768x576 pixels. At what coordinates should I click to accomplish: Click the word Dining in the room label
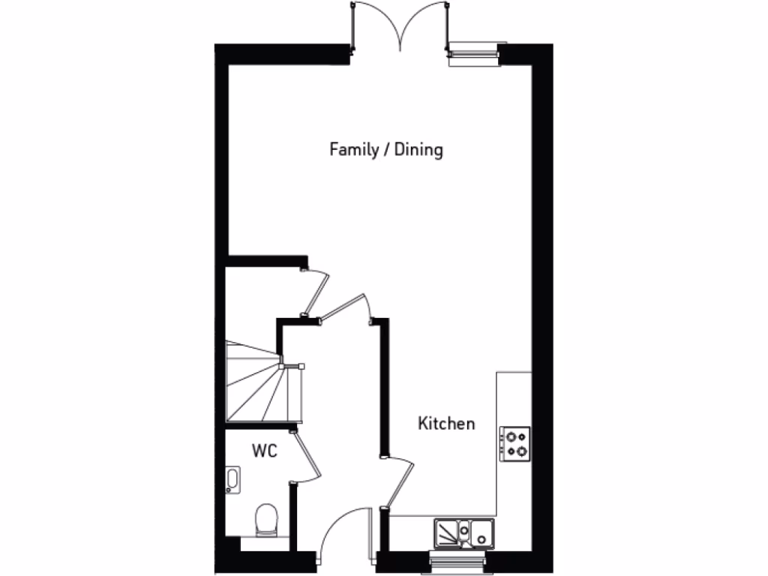[x=419, y=150]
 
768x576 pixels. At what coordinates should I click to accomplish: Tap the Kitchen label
[x=446, y=424]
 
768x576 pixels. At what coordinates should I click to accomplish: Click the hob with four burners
[x=515, y=442]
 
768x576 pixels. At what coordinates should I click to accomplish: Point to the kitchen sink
[x=478, y=532]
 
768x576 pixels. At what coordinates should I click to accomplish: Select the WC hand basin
[x=232, y=481]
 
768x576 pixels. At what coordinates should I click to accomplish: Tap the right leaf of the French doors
[x=427, y=26]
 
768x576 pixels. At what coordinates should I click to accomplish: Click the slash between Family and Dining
[x=386, y=150]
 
